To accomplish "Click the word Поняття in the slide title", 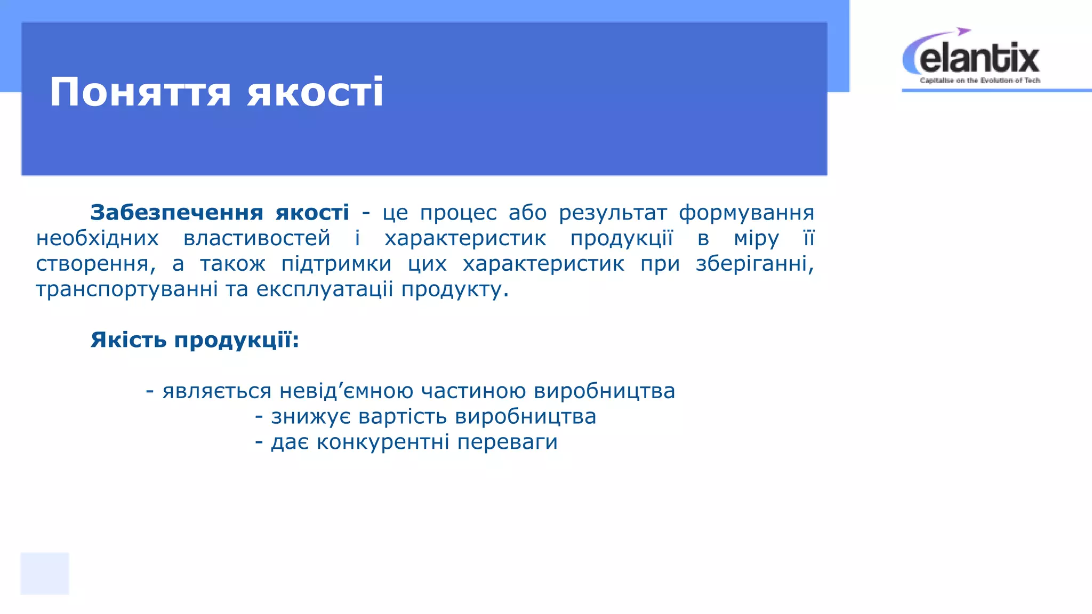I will coord(140,92).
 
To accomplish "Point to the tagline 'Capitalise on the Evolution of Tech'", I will coord(979,80).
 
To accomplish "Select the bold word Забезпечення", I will coord(176,213).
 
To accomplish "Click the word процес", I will coord(458,213).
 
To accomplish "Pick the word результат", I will coord(613,213).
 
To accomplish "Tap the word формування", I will coord(746,213).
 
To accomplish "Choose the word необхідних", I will coord(97,238).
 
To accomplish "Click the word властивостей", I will coord(256,238).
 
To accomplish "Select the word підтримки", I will coord(336,264).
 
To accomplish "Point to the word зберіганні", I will coord(754,264).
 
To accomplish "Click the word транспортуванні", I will coord(127,289).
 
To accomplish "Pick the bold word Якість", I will coord(129,340).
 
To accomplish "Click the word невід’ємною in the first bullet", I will coord(346,391).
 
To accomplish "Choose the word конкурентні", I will coord(382,442).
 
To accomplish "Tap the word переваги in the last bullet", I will coord(507,442).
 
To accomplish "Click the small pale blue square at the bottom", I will coord(45,573).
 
